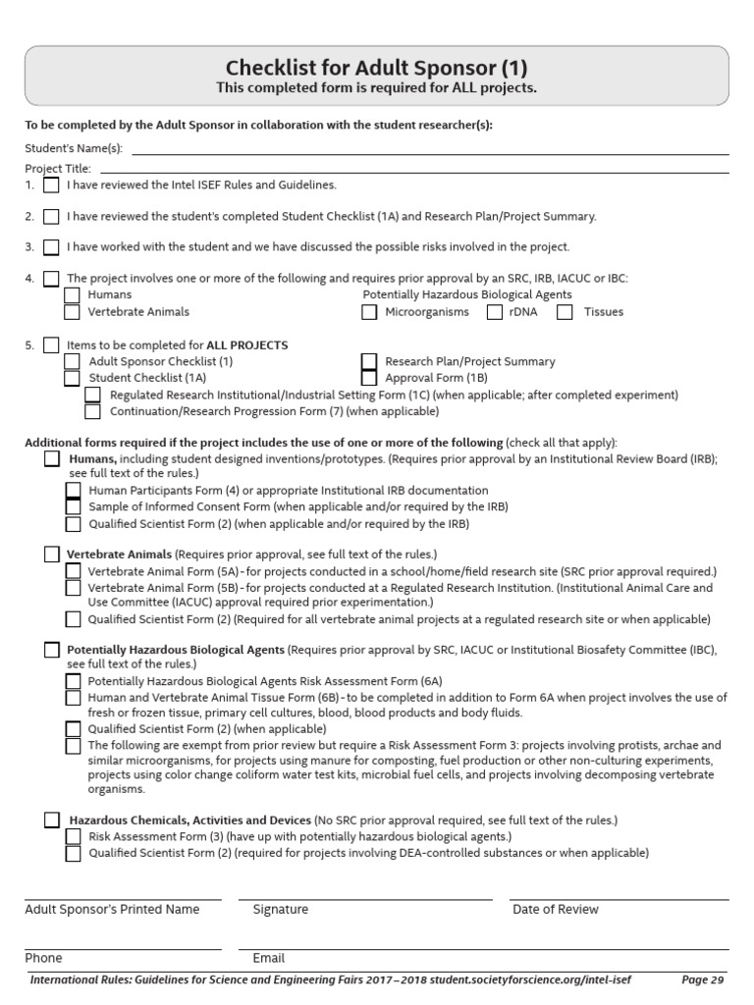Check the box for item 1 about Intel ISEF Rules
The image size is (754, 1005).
(x=51, y=185)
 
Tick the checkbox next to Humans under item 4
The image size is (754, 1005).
(x=72, y=294)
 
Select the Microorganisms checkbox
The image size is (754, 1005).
(x=369, y=312)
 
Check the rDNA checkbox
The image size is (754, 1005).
(x=495, y=312)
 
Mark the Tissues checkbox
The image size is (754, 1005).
(x=565, y=312)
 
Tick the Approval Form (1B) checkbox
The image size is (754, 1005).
(x=369, y=377)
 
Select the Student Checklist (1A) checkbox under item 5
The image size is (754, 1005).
(x=72, y=377)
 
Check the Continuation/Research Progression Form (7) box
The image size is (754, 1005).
(x=92, y=411)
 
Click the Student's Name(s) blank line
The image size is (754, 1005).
(x=430, y=149)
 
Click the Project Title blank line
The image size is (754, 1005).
(x=412, y=169)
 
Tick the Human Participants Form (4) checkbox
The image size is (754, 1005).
(x=73, y=490)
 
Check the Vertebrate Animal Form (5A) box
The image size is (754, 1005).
(x=73, y=571)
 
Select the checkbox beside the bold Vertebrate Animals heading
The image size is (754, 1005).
(x=51, y=555)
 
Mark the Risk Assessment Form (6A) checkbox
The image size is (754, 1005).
(x=73, y=680)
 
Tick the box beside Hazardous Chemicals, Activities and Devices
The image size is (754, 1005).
(x=51, y=820)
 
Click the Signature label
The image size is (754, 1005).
(x=280, y=910)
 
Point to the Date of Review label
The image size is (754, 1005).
(x=555, y=910)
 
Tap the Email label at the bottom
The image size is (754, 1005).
(x=268, y=958)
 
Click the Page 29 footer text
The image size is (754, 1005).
(x=703, y=979)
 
